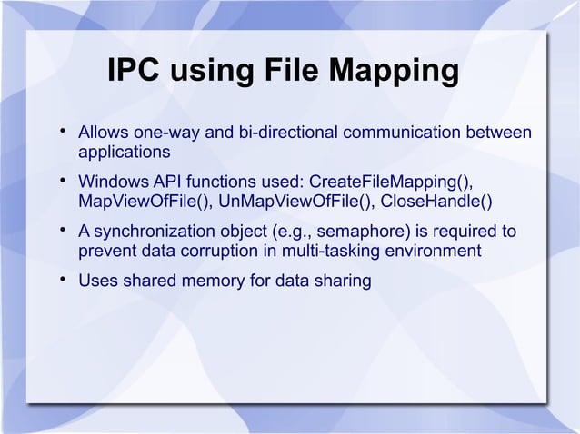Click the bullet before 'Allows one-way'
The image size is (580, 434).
pos(62,133)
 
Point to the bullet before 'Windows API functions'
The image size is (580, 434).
pos(62,182)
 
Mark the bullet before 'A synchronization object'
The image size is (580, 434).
pos(62,232)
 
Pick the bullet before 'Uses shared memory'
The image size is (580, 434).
pos(62,281)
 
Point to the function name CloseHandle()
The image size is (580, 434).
pos(436,201)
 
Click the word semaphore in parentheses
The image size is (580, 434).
pos(345,232)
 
